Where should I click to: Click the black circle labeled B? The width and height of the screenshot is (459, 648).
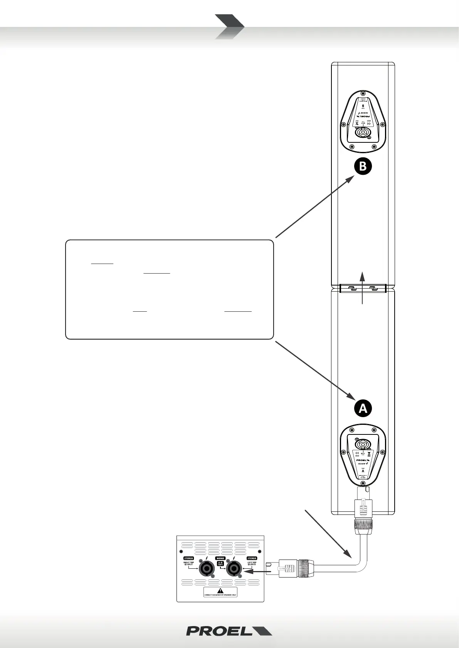pyautogui.click(x=363, y=167)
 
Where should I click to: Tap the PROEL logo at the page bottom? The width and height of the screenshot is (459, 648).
pyautogui.click(x=229, y=631)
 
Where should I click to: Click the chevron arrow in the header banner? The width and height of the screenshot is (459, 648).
pyautogui.click(x=229, y=27)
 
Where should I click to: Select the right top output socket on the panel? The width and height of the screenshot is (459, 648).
pyautogui.click(x=206, y=569)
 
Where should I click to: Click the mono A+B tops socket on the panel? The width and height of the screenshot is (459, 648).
pyautogui.click(x=234, y=569)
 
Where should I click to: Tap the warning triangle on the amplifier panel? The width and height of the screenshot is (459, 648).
pyautogui.click(x=220, y=591)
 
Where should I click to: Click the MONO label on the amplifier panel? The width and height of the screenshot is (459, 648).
pyautogui.click(x=220, y=558)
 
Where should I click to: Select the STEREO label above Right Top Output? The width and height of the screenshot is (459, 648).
pyautogui.click(x=188, y=558)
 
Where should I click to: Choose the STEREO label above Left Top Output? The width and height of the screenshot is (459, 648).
pyautogui.click(x=252, y=558)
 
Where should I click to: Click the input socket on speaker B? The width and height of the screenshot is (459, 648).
pyautogui.click(x=363, y=133)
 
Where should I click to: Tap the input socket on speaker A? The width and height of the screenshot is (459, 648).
pyautogui.click(x=363, y=444)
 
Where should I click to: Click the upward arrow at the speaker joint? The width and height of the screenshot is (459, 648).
pyautogui.click(x=362, y=287)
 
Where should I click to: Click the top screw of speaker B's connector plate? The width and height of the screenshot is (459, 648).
pyautogui.click(x=363, y=93)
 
